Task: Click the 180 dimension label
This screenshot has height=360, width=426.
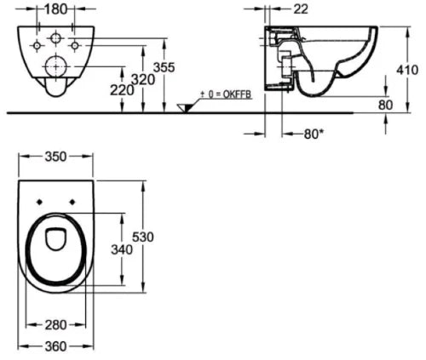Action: coord(56,9)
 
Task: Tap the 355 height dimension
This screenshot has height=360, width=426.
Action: coord(164,67)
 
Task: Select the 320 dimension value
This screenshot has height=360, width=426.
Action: coord(144,80)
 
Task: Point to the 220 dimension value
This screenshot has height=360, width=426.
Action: coord(122,90)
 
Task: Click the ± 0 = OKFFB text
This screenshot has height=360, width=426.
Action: coord(226,94)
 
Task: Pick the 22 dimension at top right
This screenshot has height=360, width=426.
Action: coord(301,9)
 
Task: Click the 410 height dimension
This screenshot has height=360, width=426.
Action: coord(407,70)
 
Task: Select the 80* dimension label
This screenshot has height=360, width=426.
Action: coord(314,134)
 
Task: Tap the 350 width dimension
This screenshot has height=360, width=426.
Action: coord(55,157)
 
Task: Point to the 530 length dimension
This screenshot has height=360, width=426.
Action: coord(143,237)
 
